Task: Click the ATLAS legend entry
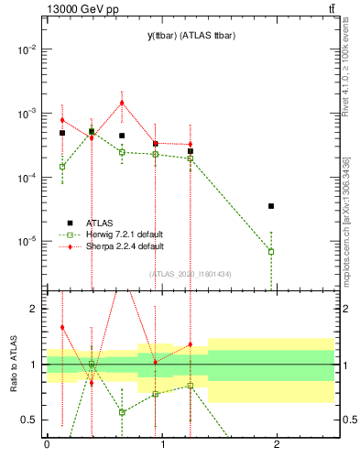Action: pos(101,223)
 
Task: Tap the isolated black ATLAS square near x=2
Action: pos(271,206)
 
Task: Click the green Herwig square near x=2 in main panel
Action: pos(271,251)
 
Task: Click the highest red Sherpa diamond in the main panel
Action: pos(122,103)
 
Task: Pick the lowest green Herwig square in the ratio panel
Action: pos(122,412)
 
